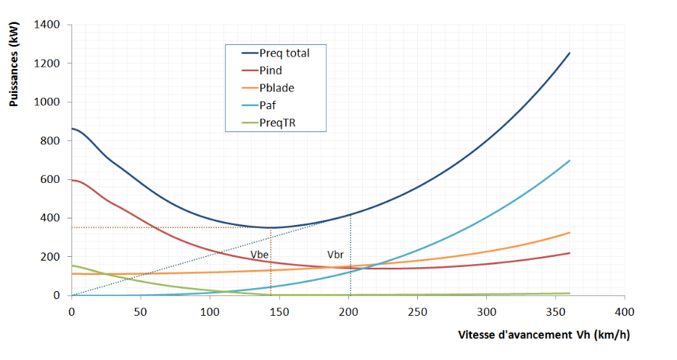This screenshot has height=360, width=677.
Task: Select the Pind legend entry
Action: [270, 70]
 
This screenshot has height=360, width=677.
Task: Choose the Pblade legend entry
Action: [275, 88]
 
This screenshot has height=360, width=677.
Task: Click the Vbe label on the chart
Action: [259, 255]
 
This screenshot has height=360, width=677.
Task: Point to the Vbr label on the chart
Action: [335, 255]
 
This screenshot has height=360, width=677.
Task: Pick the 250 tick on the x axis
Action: [417, 311]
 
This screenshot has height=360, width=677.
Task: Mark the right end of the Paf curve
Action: [570, 160]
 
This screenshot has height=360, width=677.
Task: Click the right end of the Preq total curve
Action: [570, 53]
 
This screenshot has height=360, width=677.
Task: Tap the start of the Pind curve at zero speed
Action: [72, 180]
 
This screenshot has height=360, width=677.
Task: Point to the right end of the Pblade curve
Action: [570, 232]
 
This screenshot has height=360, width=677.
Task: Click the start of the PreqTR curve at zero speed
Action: [72, 266]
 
